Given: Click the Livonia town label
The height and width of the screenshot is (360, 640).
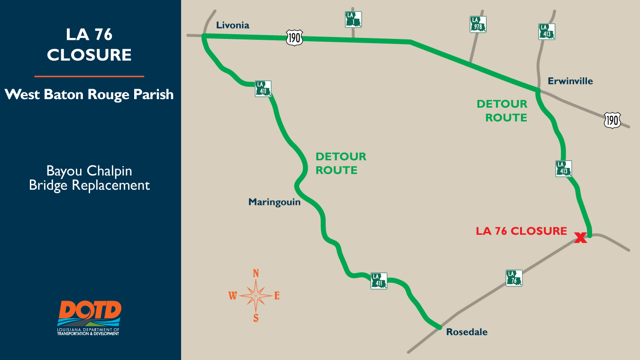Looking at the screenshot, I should (x=232, y=26).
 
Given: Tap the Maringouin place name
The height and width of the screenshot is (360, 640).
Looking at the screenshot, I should (x=274, y=202).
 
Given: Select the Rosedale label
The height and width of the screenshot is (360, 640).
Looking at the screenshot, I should (x=466, y=332).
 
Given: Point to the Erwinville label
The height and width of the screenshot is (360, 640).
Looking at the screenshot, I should (x=570, y=81).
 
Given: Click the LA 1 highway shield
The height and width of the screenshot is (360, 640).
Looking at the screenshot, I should (x=353, y=19).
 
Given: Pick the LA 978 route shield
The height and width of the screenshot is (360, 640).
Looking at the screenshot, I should (x=478, y=24).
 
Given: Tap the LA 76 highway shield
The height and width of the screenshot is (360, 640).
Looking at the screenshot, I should (x=514, y=278).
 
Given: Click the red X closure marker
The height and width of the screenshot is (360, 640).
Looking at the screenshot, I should (x=580, y=238).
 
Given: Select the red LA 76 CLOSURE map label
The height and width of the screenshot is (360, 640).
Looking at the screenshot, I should (x=521, y=231).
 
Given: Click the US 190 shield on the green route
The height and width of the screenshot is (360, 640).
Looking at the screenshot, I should (x=294, y=37).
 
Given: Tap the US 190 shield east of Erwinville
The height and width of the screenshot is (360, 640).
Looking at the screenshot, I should (x=612, y=120).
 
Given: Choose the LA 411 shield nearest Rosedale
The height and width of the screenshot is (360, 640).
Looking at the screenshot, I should (x=379, y=281).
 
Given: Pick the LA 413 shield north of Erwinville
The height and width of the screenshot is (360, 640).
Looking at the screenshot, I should (x=547, y=31).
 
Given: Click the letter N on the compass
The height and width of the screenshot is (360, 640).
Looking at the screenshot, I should (x=256, y=273).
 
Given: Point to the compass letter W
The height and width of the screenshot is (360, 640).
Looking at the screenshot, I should (x=233, y=296).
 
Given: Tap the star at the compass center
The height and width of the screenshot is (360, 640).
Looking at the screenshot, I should (x=256, y=295).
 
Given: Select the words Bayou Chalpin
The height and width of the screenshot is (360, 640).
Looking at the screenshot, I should (x=89, y=171).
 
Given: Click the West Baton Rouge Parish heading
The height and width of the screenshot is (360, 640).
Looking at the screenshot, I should (x=89, y=94).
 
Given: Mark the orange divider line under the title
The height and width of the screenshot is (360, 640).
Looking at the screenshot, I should (x=89, y=76).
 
